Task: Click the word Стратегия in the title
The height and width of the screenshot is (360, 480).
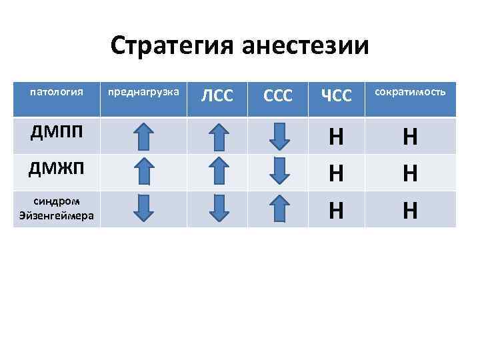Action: (171, 45)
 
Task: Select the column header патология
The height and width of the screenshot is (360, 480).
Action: (57, 91)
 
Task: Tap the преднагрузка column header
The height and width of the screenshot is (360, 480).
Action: (143, 91)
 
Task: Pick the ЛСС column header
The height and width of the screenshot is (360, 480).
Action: (217, 96)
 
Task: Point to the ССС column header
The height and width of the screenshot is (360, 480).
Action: (278, 96)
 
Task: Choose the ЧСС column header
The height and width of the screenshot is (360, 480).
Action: (336, 96)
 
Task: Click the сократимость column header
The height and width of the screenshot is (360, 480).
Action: (410, 91)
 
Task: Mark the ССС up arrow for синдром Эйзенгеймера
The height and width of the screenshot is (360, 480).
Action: (281, 209)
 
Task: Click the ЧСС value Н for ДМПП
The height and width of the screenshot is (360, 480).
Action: (336, 137)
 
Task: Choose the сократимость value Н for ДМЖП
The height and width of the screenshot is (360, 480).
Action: (410, 173)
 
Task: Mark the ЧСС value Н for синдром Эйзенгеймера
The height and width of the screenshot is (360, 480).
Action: (336, 210)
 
